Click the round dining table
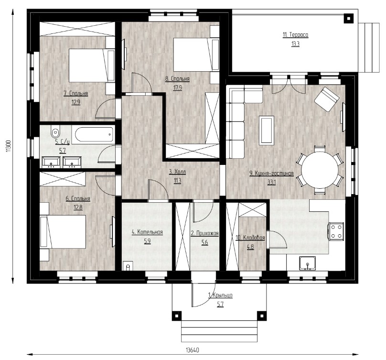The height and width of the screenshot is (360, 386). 320,170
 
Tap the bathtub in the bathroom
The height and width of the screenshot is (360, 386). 94,135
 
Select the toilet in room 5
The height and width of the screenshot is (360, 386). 55,133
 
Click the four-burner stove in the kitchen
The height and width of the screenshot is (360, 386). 336,230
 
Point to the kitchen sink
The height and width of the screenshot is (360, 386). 308,263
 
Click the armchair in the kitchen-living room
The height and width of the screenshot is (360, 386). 327,99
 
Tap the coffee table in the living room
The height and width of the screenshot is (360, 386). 267,131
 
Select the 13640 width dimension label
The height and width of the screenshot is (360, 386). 192,350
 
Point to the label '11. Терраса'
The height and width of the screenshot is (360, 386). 295,35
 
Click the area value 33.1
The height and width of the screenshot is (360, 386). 271,183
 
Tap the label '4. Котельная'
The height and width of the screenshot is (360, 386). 147,232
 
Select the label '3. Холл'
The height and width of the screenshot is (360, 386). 177,172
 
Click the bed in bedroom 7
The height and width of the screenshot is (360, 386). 92,65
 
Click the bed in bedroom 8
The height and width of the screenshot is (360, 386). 196,55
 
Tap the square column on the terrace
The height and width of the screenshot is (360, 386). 349,19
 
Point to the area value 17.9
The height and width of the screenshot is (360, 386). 178,87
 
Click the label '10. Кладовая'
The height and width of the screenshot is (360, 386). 250,238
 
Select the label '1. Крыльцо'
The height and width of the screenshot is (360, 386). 220,295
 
